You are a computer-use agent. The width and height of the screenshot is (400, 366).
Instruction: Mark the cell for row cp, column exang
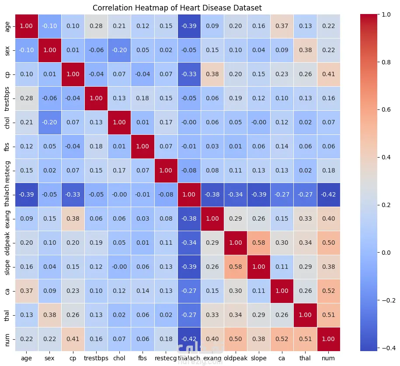(212, 74)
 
